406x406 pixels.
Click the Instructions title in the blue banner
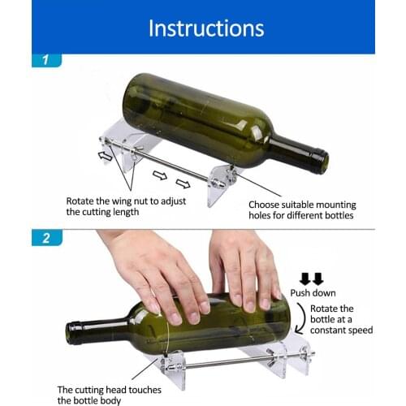[x=205, y=28]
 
